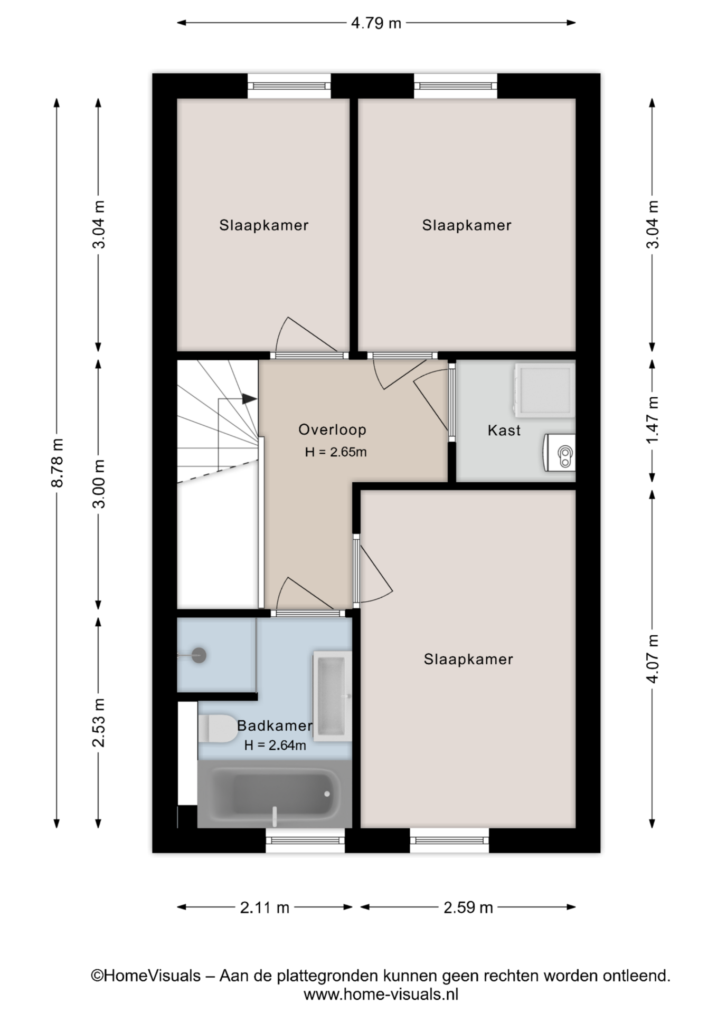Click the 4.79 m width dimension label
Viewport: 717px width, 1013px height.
coord(376,23)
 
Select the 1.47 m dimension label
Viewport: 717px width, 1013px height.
coord(653,420)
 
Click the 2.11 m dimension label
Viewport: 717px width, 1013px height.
coord(265,907)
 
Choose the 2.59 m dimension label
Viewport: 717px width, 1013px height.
coord(468,907)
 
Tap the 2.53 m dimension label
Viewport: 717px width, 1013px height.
coord(99,722)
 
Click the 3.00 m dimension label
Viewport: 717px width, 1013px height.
coord(99,483)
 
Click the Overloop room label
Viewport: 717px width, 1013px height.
coord(332,429)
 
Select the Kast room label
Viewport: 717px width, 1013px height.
coord(504,431)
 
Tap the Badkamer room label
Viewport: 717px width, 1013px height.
coord(275,725)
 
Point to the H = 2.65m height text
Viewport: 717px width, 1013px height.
coord(336,452)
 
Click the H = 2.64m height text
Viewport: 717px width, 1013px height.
coord(275,746)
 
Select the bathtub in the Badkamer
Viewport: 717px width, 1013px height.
coord(275,794)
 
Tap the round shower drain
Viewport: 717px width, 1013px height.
coord(199,655)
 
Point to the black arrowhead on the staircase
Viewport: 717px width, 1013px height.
coord(250,399)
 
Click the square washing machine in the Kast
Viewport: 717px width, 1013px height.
coord(543,389)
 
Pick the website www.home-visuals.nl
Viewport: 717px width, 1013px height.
coord(381,995)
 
